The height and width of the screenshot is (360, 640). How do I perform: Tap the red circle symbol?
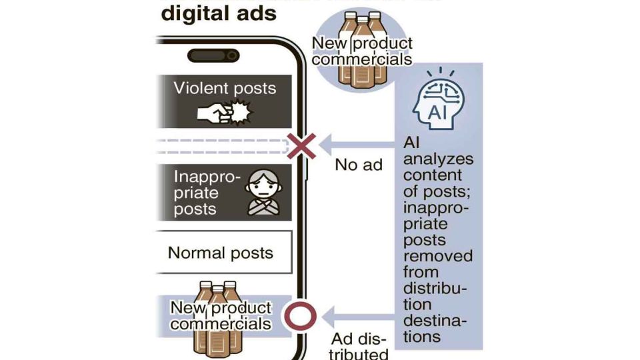299,315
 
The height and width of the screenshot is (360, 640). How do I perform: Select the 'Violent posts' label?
225,88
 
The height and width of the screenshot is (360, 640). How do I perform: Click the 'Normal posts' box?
221,253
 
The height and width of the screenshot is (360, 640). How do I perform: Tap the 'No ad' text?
359,164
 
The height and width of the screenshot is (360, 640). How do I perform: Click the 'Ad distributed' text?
360,345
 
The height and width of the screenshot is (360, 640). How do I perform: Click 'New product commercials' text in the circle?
362,51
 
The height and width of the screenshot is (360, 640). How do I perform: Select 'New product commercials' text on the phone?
221,315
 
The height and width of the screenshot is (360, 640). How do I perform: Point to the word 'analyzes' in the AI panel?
438,159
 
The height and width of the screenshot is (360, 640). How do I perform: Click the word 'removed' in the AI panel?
438,255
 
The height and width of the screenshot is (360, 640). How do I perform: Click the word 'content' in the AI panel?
433,175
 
